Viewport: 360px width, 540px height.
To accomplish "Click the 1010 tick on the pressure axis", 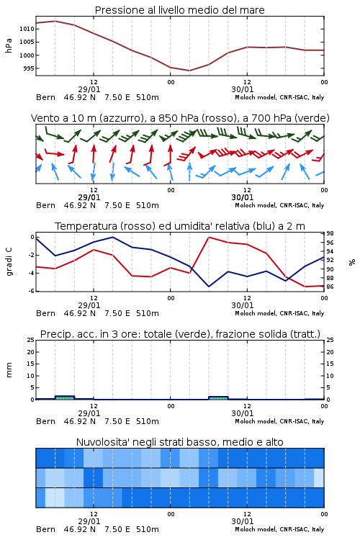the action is click(x=27, y=29).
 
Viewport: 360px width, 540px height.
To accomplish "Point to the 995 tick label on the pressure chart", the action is click(x=29, y=68).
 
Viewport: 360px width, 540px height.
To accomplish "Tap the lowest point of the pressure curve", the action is click(x=189, y=71).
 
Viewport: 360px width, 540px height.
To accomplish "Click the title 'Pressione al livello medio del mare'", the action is click(x=180, y=10).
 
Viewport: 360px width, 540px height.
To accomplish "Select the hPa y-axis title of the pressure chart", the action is click(x=9, y=45).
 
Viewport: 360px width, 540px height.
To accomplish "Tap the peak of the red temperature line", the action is click(x=209, y=238).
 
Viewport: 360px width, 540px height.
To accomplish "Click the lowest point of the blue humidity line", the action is click(x=209, y=287).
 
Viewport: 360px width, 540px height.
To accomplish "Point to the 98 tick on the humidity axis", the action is click(x=330, y=233).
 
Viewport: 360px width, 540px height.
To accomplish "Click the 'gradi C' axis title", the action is click(x=9, y=262).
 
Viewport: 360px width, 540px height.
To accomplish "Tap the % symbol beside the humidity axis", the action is click(x=352, y=262).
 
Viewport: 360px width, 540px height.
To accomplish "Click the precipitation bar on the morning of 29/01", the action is click(x=65, y=397).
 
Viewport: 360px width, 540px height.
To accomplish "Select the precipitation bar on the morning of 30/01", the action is click(x=218, y=398).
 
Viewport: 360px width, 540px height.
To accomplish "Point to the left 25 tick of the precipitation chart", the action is click(x=31, y=340).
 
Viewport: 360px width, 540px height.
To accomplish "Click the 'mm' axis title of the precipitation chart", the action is click(x=9, y=369).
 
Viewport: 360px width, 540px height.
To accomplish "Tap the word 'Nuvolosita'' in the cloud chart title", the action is click(x=99, y=442).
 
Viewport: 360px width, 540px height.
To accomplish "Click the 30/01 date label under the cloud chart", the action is click(x=243, y=521).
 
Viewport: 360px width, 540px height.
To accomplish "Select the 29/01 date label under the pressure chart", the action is click(x=89, y=89).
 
